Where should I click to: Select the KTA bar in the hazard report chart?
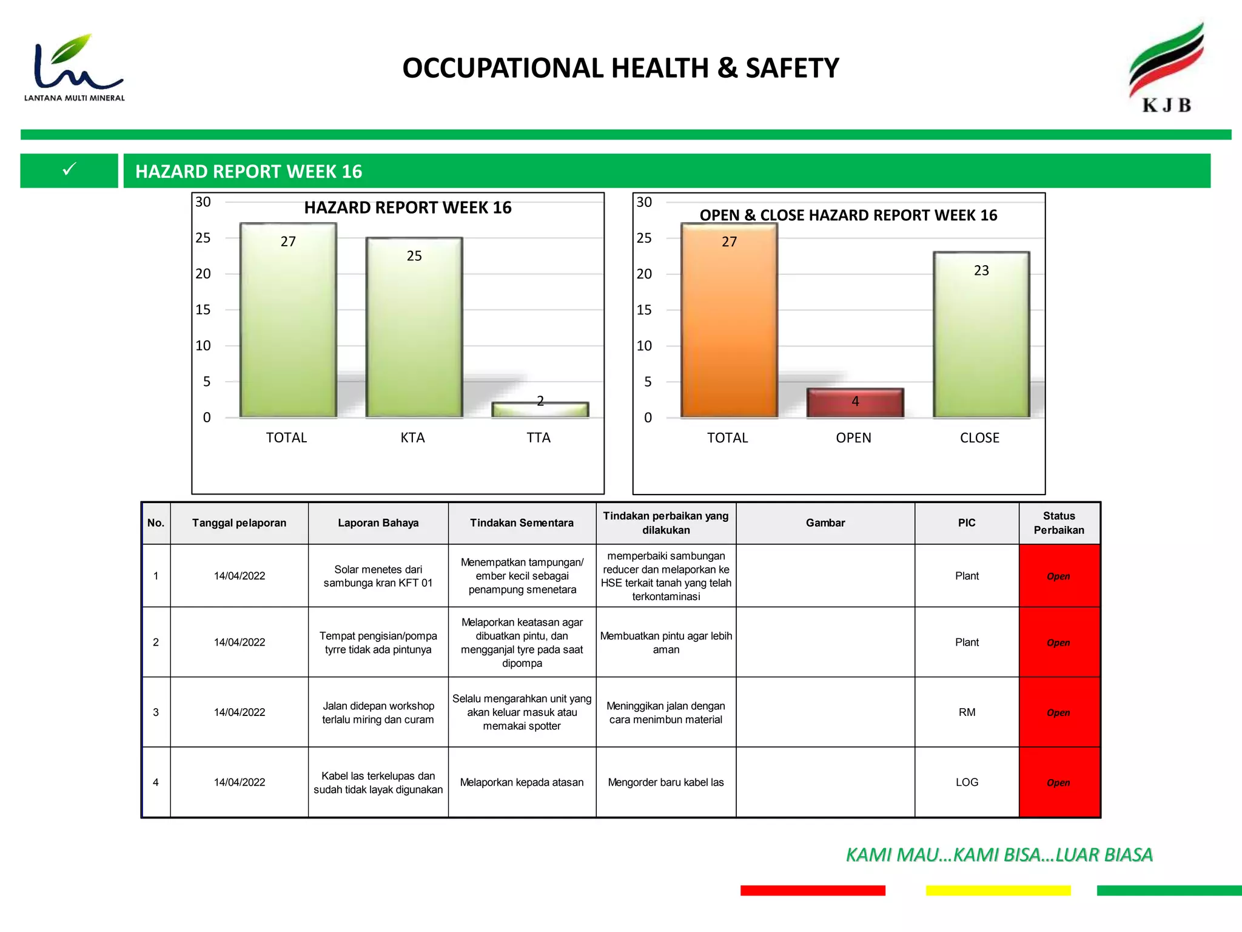[414, 328]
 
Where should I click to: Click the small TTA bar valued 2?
[540, 410]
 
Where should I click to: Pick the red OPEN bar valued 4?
[855, 403]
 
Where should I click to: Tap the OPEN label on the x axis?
[853, 437]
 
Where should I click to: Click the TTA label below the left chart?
[539, 437]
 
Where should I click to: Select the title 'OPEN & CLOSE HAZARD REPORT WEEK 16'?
[848, 215]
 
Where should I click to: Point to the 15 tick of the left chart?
[203, 309]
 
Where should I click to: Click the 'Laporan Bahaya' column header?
[378, 523]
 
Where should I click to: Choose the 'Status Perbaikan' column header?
[1059, 523]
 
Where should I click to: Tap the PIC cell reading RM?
[967, 712]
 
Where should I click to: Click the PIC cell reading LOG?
[967, 782]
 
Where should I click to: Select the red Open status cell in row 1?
[1059, 576]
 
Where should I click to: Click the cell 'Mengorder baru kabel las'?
[666, 782]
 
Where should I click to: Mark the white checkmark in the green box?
[70, 169]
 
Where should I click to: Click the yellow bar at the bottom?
[998, 890]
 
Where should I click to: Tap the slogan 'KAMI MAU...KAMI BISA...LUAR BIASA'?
[999, 854]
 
